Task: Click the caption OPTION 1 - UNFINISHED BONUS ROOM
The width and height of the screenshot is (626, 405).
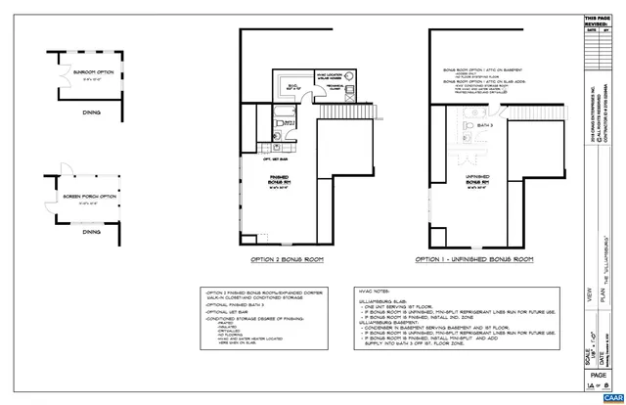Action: click(472, 259)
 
